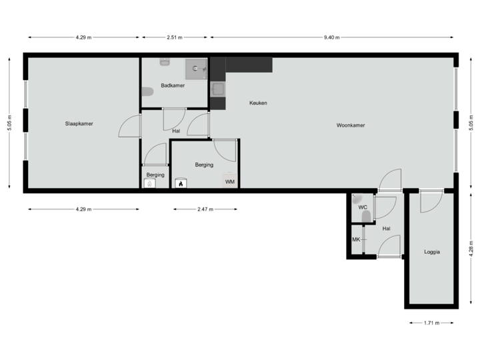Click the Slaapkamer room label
click(79, 124)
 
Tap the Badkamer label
click(173, 85)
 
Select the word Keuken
click(258, 103)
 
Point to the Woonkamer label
click(351, 125)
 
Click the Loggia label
click(433, 251)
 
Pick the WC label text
click(363, 207)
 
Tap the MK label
click(356, 239)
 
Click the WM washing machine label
click(229, 181)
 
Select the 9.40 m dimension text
click(331, 38)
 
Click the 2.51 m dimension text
click(175, 38)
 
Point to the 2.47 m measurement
click(205, 209)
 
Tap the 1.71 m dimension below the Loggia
click(432, 323)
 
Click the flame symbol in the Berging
click(179, 183)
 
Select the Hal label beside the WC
click(386, 229)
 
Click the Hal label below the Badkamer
click(176, 131)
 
